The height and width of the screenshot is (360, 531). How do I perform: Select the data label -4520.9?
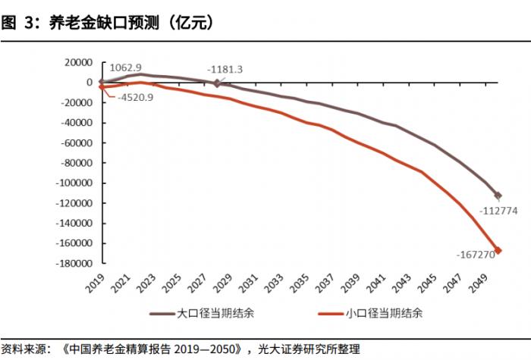136,97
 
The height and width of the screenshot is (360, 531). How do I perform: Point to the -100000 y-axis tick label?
73,183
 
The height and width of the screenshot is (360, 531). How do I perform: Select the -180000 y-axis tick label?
73,264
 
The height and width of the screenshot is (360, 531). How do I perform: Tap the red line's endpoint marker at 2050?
498,250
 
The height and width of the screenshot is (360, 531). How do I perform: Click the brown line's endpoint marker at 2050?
498,196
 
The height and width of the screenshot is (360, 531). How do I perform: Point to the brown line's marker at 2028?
217,83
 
